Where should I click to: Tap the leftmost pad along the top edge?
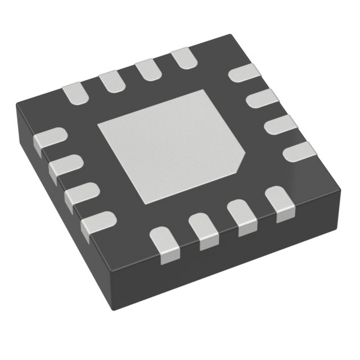point(75,93)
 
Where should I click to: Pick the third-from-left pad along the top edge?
point(147,70)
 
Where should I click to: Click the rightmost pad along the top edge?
point(182,59)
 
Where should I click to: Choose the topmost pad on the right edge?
point(246,74)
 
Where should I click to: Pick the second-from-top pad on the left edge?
point(65,167)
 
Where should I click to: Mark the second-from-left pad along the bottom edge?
point(204,230)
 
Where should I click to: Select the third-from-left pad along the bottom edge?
point(242,218)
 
